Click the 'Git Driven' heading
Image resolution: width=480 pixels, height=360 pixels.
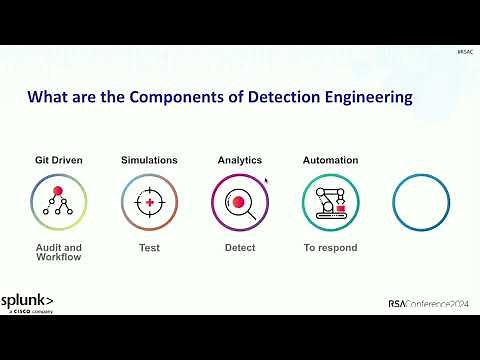(x=58, y=160)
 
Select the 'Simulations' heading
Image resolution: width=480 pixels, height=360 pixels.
(x=149, y=160)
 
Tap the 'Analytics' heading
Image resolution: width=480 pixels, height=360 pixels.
(x=239, y=160)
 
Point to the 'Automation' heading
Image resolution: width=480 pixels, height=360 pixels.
(x=330, y=160)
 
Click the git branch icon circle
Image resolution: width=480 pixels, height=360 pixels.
(x=58, y=203)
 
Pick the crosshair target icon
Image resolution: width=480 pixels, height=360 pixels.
(x=149, y=203)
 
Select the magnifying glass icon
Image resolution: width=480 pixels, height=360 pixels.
(x=240, y=203)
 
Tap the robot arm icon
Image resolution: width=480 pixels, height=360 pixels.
(x=330, y=203)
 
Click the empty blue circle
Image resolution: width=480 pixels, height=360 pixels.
(x=421, y=203)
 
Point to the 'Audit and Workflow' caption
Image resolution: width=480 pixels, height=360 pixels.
(x=58, y=252)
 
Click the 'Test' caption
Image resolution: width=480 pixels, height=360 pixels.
(x=149, y=247)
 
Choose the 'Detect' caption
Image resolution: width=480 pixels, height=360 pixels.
(x=240, y=247)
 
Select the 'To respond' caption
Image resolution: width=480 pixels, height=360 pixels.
(x=330, y=247)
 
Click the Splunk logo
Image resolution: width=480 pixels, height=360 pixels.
(x=27, y=302)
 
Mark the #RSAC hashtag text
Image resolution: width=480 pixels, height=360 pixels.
(x=464, y=51)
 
